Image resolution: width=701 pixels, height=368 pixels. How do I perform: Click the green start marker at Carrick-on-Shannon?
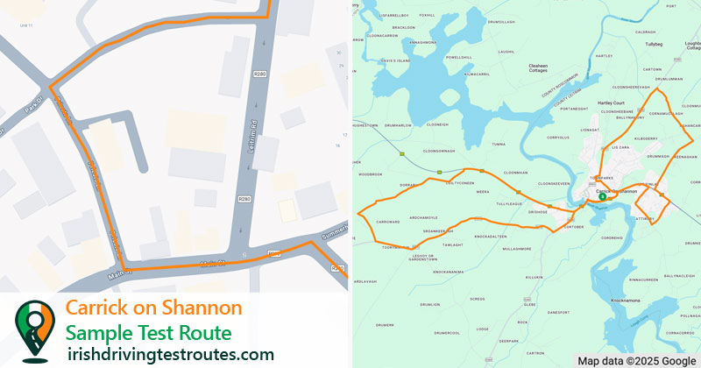(602, 197)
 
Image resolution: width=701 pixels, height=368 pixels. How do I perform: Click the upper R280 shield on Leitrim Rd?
(259, 75)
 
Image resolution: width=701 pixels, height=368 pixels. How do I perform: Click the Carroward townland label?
(387, 223)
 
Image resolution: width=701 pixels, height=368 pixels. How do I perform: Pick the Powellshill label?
(459, 57)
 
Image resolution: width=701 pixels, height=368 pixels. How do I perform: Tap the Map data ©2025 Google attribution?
(636, 360)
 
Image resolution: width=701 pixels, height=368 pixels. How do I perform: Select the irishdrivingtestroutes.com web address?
(171, 354)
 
